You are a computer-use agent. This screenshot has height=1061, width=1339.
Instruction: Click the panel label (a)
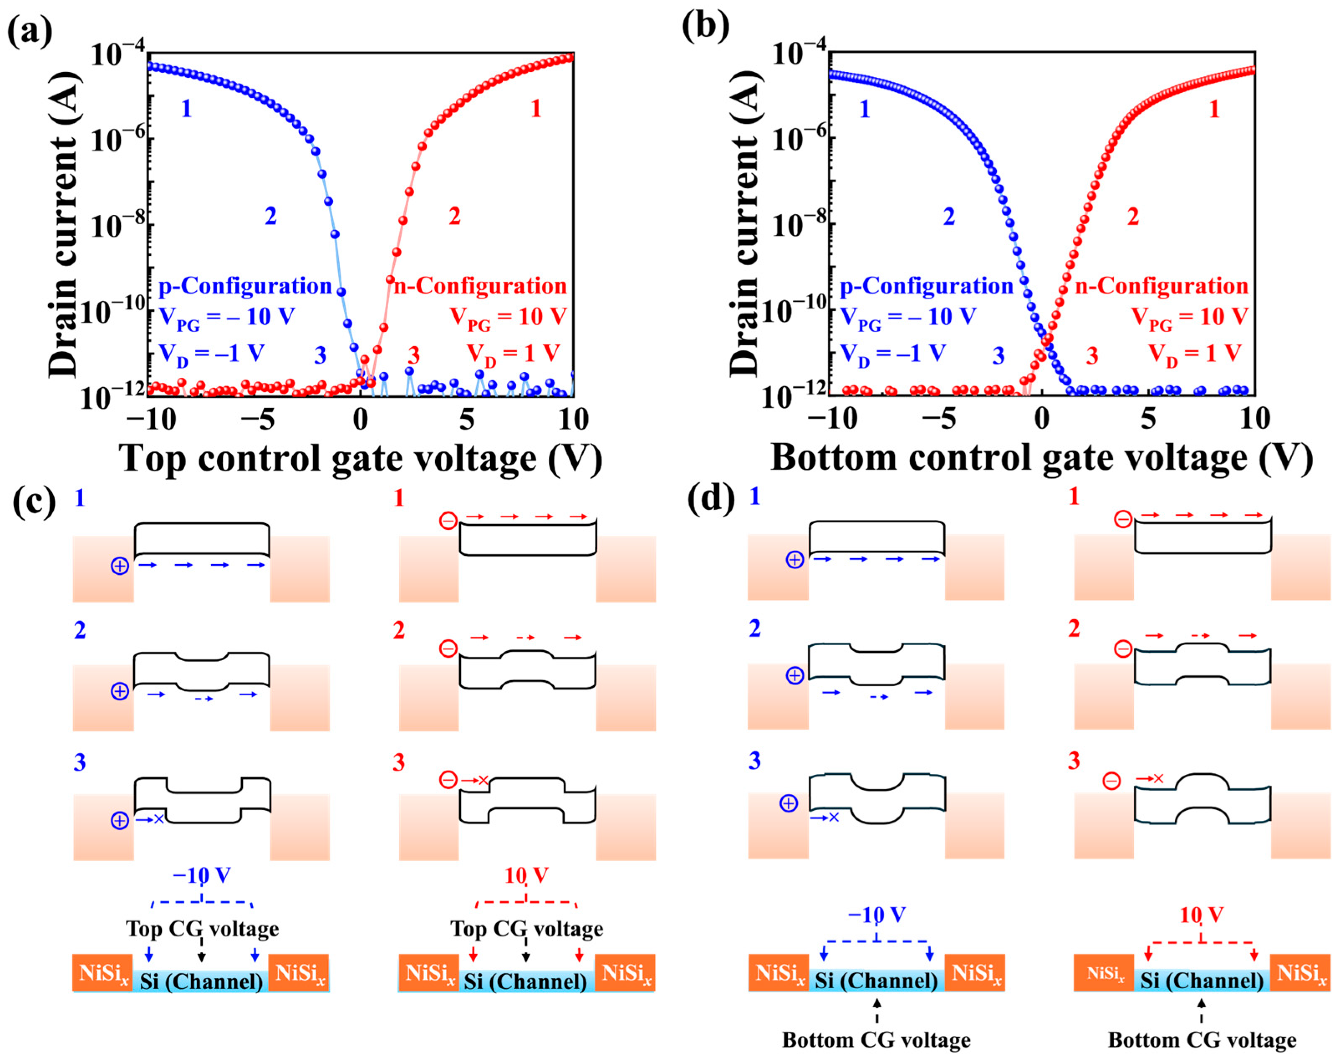tap(29, 31)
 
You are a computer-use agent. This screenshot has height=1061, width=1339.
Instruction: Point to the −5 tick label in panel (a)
tap(258, 420)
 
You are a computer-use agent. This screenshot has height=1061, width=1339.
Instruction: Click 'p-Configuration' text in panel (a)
tap(245, 286)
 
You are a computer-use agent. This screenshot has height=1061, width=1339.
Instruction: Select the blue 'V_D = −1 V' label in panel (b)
tap(893, 354)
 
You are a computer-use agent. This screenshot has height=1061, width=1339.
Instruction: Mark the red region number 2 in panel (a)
tap(455, 216)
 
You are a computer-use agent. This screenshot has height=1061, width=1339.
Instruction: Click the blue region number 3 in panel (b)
tap(998, 356)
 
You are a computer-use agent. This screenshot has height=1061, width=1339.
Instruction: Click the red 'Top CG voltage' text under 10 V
tap(526, 929)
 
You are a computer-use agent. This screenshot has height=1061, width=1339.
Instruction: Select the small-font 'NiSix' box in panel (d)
tap(1105, 974)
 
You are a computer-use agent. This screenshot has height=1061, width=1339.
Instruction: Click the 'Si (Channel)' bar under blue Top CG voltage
tap(201, 982)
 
